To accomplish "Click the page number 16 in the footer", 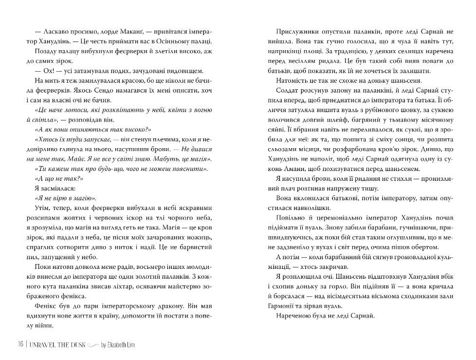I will (19, 345).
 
